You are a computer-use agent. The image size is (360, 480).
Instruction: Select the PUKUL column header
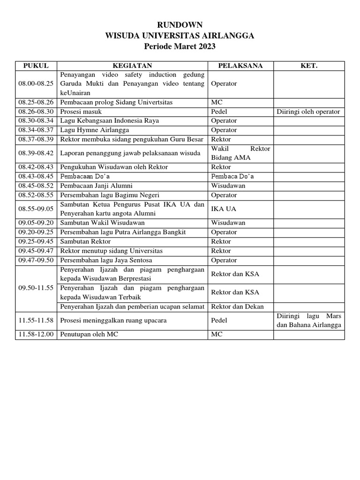tap(36, 66)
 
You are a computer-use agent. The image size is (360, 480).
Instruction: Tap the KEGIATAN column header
tap(132, 66)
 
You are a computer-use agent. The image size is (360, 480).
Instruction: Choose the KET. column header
tap(309, 66)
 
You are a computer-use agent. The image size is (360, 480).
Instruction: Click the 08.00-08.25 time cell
tap(36, 83)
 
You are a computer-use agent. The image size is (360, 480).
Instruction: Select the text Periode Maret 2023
tap(180, 46)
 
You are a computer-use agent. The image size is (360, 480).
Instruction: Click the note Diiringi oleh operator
tap(308, 112)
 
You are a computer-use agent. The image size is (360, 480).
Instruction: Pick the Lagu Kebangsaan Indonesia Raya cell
tap(109, 121)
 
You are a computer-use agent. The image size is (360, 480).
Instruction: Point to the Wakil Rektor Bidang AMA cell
tap(240, 153)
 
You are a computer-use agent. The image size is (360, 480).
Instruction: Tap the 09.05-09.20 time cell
tap(36, 223)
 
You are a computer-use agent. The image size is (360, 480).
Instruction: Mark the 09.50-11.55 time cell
tap(36, 288)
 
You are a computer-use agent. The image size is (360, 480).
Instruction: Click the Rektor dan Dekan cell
tap(237, 307)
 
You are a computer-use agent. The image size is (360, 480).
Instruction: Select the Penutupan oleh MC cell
tap(90, 335)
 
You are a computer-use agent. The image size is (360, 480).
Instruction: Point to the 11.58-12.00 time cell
tap(36, 335)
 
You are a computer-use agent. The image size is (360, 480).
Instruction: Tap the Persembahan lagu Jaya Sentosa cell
tap(106, 260)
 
